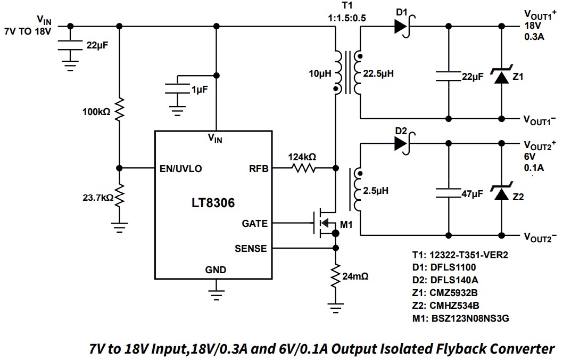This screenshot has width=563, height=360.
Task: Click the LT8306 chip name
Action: click(212, 203)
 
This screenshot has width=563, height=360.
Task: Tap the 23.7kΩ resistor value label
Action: click(97, 198)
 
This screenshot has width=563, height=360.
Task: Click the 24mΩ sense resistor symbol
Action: click(335, 276)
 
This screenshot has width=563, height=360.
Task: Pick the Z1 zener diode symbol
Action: click(500, 77)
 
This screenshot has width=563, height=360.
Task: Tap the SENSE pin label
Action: click(251, 248)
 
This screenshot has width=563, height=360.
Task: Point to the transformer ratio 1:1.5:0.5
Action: click(347, 17)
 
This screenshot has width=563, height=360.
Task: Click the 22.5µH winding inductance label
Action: click(378, 73)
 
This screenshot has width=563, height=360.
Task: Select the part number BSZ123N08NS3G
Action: click(469, 318)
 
